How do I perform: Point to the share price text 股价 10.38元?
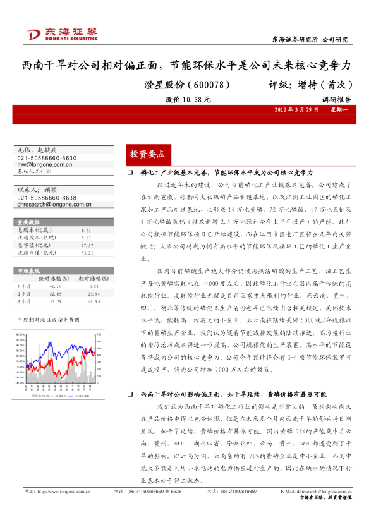coord(188,99)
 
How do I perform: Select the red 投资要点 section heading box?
coord(147,154)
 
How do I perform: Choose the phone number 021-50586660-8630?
coord(47,158)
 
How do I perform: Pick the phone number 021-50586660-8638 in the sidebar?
coord(47,198)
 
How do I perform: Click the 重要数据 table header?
coord(29,222)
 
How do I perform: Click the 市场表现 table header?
coord(28,269)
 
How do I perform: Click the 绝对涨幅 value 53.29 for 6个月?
coord(56,301)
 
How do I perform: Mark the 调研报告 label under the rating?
coord(336,99)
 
